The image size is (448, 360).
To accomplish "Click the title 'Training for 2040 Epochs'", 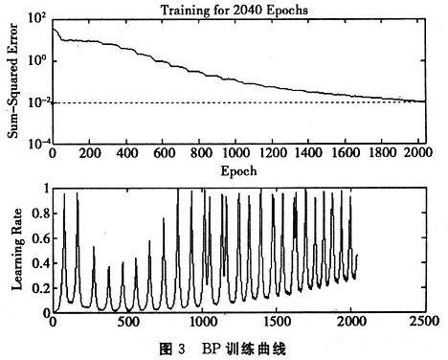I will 238,9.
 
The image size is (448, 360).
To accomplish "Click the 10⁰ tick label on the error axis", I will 37,60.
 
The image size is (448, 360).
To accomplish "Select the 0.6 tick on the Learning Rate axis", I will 39,237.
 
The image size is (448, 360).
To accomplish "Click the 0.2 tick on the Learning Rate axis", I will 39,287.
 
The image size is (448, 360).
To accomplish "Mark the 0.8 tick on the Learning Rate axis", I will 39,213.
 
